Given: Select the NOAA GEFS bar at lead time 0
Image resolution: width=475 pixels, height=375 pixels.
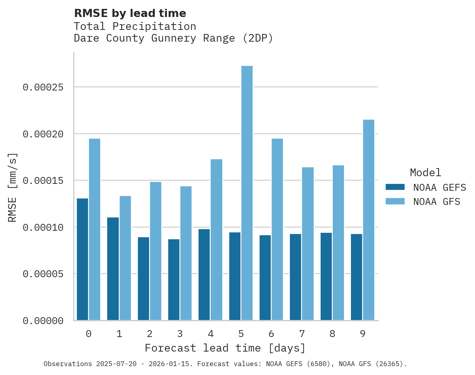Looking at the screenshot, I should pos(82,259).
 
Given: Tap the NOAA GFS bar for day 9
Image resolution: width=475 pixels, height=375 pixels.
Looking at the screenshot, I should pos(369,220).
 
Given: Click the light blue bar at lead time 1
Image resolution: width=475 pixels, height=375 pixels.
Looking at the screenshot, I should pos(125,258).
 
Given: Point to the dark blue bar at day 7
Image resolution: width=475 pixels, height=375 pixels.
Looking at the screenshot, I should pos(296,277).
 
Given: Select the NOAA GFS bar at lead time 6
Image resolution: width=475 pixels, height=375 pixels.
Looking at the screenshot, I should pos(277,230).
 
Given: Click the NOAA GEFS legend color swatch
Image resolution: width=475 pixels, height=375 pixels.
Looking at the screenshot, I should pos(395,187).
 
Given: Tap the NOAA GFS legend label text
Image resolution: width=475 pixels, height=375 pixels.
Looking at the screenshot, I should pos(437,202).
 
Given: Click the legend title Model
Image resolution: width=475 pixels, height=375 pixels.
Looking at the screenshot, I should pos(425,173).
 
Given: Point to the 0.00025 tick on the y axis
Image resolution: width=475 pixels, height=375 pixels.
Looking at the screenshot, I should pos(43,87).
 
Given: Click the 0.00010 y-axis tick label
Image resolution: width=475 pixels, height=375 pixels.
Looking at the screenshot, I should pos(43,228).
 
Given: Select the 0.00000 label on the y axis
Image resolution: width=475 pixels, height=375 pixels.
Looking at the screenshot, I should pos(43,321).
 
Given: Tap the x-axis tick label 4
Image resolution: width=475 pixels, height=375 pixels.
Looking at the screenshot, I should pos(211,334).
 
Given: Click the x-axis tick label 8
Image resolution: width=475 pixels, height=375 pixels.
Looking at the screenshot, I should pos(332,334).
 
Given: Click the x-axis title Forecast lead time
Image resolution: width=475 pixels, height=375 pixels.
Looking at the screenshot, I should pos(225,348).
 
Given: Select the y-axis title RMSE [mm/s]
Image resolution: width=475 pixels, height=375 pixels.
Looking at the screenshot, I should pos(13,187).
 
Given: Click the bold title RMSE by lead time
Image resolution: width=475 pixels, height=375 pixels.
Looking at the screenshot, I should pos(130,13).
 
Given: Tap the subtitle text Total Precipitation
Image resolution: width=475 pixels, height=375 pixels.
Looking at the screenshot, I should pos(135,27).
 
